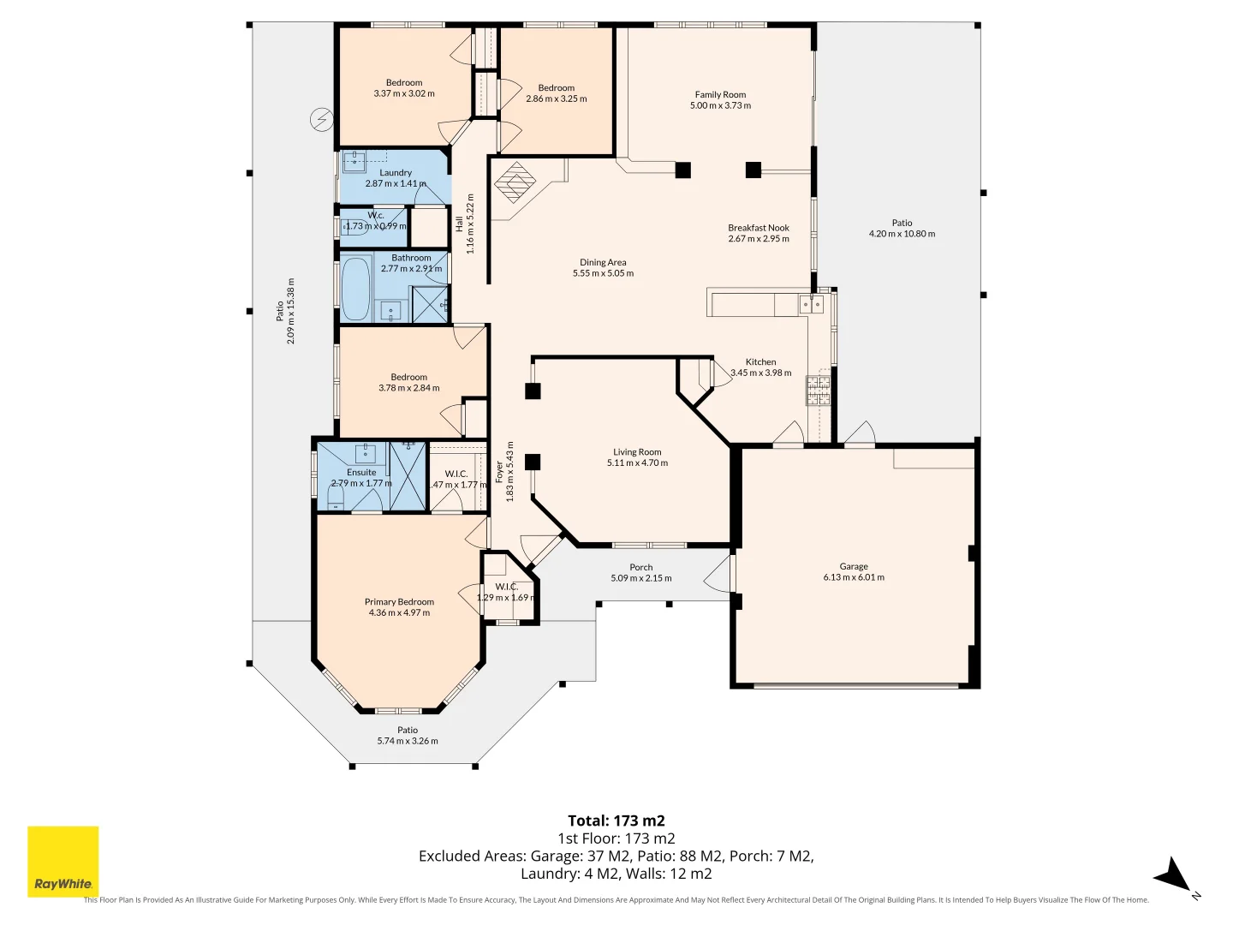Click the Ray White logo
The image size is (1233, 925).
pos(63,862)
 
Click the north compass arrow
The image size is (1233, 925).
pos(1172,875)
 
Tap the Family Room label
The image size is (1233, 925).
pos(720,95)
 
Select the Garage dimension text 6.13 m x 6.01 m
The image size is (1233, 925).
pos(854,577)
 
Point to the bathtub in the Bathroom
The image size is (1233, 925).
pos(355,288)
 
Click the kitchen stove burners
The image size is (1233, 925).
pos(818,390)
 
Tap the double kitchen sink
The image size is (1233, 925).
pos(811,304)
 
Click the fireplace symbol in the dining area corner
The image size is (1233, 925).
pos(516,182)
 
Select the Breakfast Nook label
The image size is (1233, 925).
pos(759,228)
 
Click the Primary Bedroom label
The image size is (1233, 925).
pos(399,602)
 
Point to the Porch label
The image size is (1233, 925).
pos(641,567)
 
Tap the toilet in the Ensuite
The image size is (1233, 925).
pos(335,498)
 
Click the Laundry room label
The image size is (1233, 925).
pos(396,172)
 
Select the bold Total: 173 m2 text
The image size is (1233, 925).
pos(616,821)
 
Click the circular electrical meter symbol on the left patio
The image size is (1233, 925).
pos(322,120)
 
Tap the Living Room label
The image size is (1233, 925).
pos(637,452)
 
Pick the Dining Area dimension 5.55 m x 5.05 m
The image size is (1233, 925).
pos(603,273)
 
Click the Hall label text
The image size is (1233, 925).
pos(460,224)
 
